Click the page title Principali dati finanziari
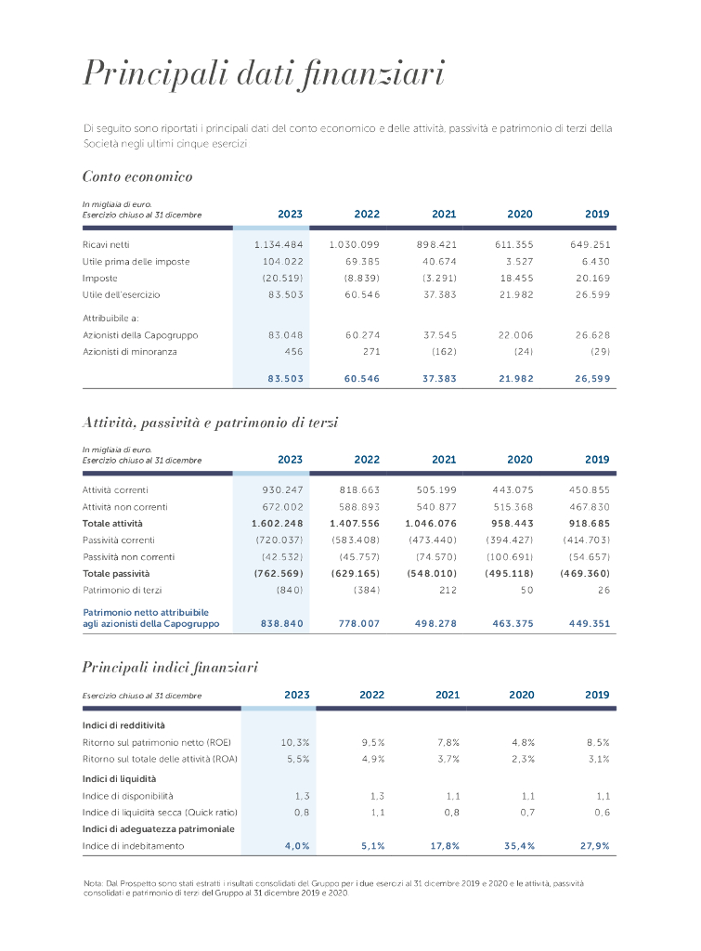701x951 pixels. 264,73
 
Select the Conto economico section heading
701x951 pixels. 137,176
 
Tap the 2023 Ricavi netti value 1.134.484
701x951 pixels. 279,244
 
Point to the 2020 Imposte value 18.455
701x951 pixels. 515,278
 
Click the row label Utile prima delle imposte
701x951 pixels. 136,261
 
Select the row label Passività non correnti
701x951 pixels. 128,556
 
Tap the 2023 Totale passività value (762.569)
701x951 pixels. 279,573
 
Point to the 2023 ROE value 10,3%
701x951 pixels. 294,742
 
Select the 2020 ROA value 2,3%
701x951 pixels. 523,759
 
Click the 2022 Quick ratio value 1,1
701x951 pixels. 377,812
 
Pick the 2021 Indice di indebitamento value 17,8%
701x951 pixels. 444,846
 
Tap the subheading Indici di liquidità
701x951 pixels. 119,778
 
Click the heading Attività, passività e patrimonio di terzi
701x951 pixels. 210,423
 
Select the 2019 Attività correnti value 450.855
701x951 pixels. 590,489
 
